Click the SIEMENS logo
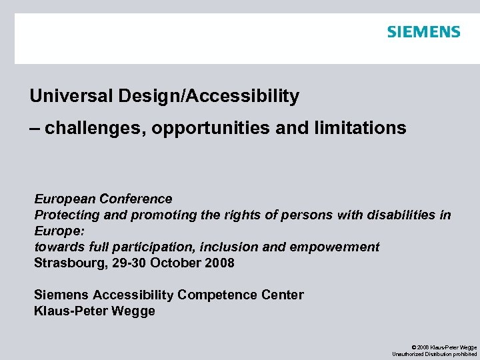(x=423, y=31)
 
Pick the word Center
(x=283, y=295)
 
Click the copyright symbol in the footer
(x=415, y=347)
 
